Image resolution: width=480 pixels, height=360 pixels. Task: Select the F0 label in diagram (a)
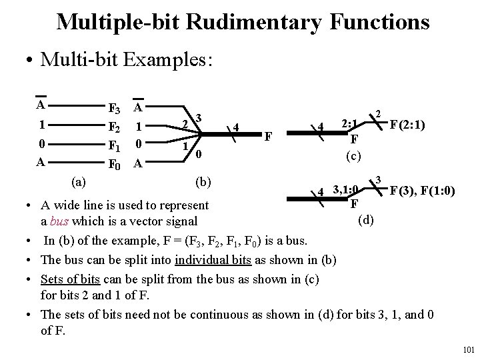[x=114, y=162]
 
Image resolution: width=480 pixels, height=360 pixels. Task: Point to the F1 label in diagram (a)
[x=114, y=145]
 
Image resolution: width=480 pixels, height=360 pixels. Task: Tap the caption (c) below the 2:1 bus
[x=353, y=155]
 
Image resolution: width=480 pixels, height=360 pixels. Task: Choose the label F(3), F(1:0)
[x=423, y=192]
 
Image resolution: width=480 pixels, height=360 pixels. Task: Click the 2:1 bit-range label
[x=350, y=125]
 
